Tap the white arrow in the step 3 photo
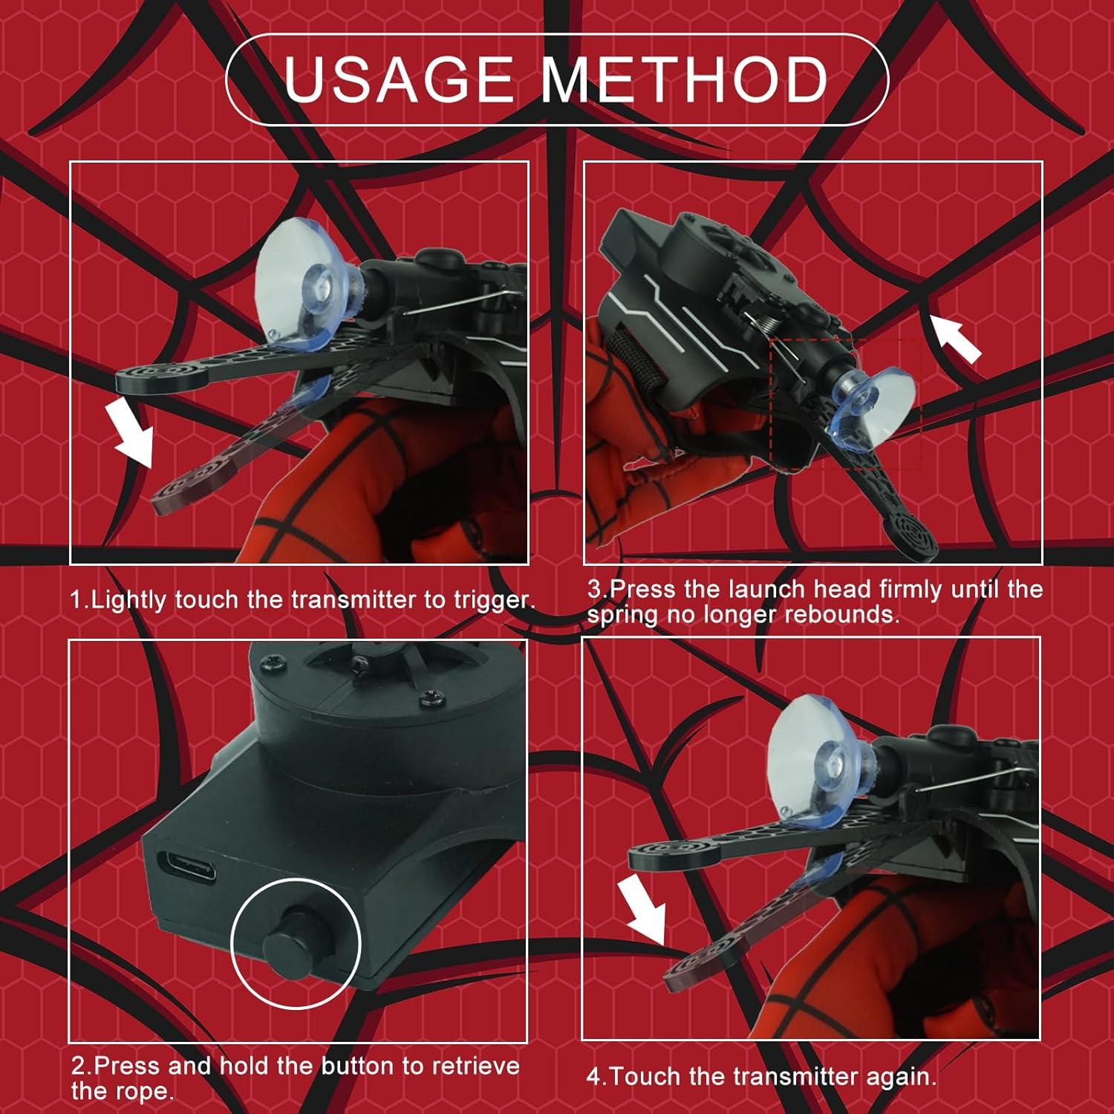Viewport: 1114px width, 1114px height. pos(957,339)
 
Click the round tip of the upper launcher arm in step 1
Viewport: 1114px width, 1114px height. pos(161,379)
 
